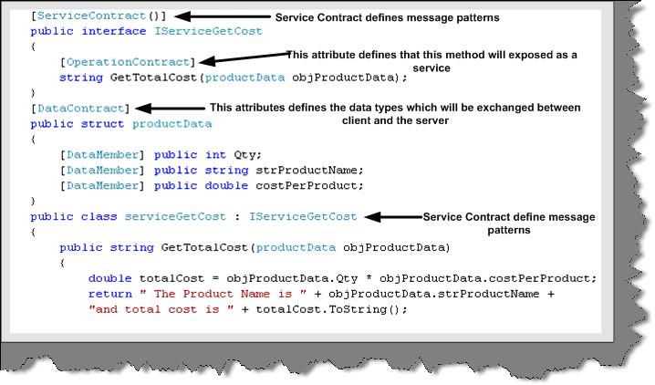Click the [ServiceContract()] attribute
(x=99, y=16)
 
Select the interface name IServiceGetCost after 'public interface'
(x=208, y=31)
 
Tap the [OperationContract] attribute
(x=128, y=62)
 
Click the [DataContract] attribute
(x=80, y=109)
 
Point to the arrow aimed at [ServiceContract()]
(x=223, y=16)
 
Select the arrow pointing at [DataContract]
(x=171, y=109)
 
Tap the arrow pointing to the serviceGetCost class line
(x=393, y=217)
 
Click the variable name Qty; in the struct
(x=248, y=155)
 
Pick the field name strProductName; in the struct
(x=309, y=171)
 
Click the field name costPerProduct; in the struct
(x=309, y=186)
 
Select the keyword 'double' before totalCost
(x=109, y=278)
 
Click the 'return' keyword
(x=109, y=294)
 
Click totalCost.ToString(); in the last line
(x=331, y=309)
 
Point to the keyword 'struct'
(x=102, y=124)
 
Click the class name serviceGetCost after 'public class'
(x=175, y=217)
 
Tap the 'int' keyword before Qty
(x=215, y=155)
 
